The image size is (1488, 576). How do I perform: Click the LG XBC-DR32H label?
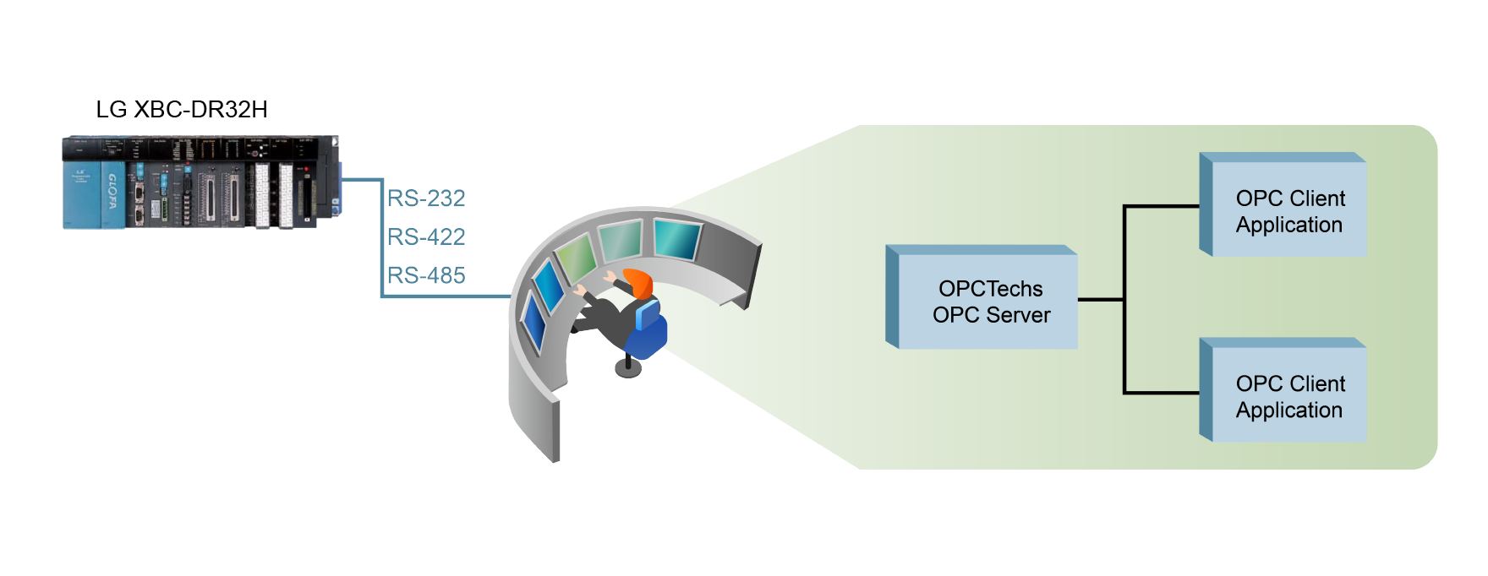(182, 110)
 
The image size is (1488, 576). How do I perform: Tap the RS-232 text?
(426, 198)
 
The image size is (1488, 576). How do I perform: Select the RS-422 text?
(426, 237)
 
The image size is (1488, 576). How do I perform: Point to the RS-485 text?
(426, 276)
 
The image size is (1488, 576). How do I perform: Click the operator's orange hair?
(640, 282)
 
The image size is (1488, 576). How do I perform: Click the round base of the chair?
(628, 368)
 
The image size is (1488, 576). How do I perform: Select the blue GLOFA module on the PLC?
(112, 194)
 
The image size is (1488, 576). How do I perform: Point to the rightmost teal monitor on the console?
(677, 238)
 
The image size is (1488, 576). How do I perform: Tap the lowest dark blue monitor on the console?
(534, 322)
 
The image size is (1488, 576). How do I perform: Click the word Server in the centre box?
(1019, 315)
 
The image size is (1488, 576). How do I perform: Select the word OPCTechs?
(991, 289)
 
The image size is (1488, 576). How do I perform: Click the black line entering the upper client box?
(1162, 206)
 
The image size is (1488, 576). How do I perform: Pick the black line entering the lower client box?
(1162, 393)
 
